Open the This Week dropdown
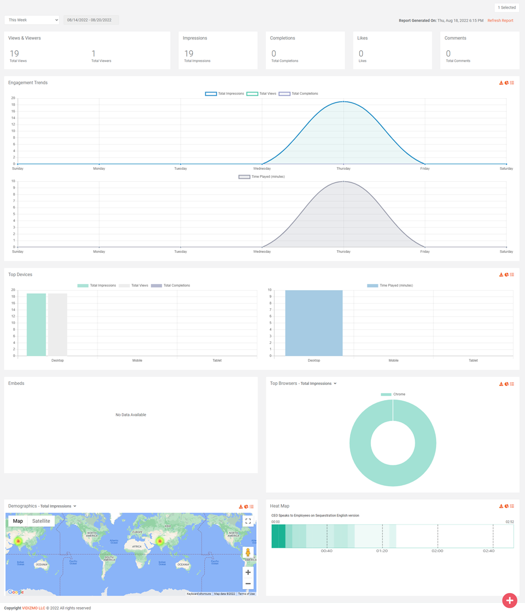tap(32, 20)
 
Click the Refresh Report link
tap(500, 20)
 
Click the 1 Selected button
tap(506, 8)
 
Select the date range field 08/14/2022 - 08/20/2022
tap(90, 20)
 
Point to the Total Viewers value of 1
tap(94, 53)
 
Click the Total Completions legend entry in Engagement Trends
tap(299, 94)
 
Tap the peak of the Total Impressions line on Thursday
tap(344, 101)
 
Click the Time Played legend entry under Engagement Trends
tap(262, 177)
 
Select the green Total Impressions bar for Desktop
tap(36, 325)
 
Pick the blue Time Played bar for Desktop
tap(314, 323)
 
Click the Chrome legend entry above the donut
tap(394, 395)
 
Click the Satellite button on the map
tap(41, 521)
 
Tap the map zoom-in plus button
tap(248, 573)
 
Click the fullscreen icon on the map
tap(248, 521)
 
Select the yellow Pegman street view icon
tap(248, 553)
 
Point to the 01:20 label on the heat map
tap(382, 551)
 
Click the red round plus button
tap(509, 600)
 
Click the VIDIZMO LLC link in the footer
tap(33, 608)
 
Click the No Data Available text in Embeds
tap(131, 415)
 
